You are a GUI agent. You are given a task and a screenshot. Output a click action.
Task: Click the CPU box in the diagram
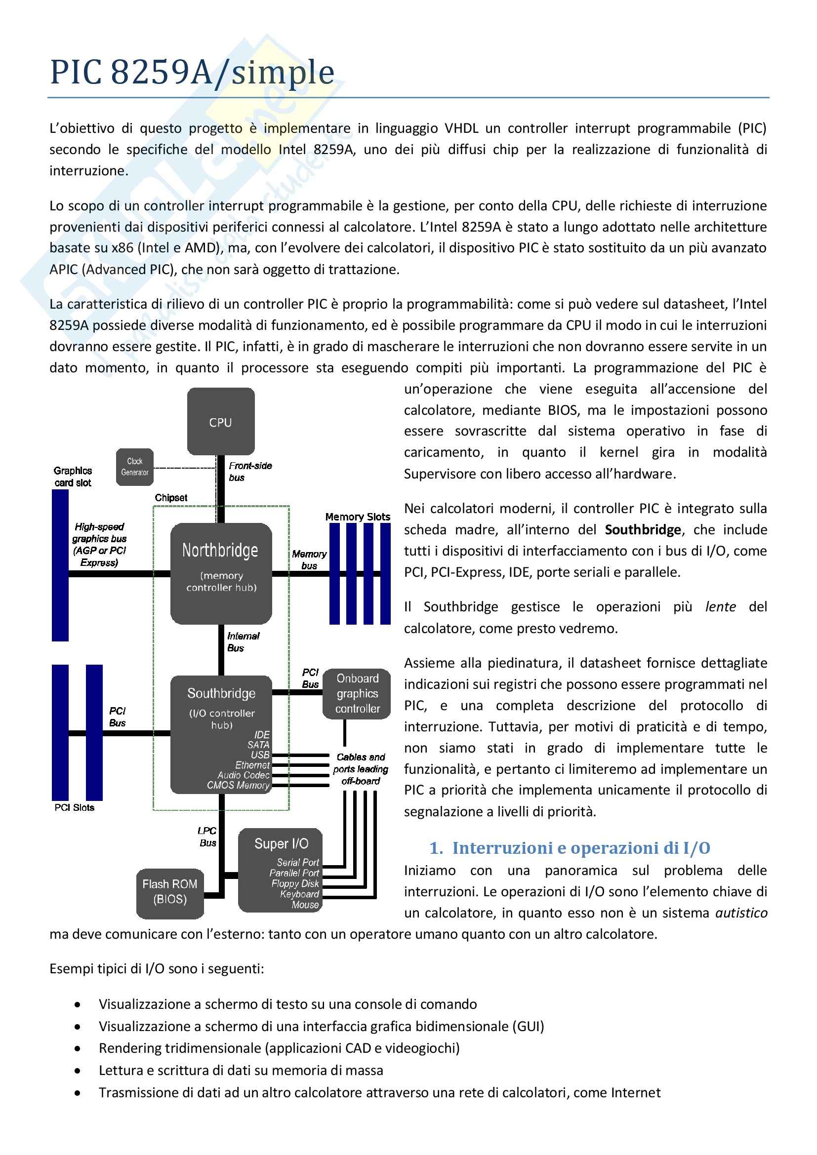220,421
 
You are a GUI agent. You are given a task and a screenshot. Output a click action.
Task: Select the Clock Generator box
134,467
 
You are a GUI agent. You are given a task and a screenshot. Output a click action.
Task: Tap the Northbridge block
221,573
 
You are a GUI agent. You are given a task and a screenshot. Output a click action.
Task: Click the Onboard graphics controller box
357,693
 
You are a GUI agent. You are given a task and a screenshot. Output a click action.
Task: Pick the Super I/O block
280,870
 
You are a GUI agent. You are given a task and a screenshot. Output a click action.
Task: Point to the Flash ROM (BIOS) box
170,893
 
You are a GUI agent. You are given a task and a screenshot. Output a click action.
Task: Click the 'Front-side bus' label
250,472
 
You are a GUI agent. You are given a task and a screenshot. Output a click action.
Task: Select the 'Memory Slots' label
357,517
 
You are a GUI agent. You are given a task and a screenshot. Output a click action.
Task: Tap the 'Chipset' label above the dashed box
171,498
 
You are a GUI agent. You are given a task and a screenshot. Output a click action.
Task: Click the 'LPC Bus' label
207,836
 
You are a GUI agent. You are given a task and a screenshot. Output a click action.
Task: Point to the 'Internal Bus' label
243,642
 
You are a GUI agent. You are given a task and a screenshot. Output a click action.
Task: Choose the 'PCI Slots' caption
75,807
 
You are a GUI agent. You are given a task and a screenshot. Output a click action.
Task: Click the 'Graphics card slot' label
73,477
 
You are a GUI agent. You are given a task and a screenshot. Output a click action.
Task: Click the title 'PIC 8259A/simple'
192,72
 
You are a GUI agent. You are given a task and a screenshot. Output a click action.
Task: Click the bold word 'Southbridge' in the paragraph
643,530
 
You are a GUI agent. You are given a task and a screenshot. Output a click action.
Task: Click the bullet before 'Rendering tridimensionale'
78,1048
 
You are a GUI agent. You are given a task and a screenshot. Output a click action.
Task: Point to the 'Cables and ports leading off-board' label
361,769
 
